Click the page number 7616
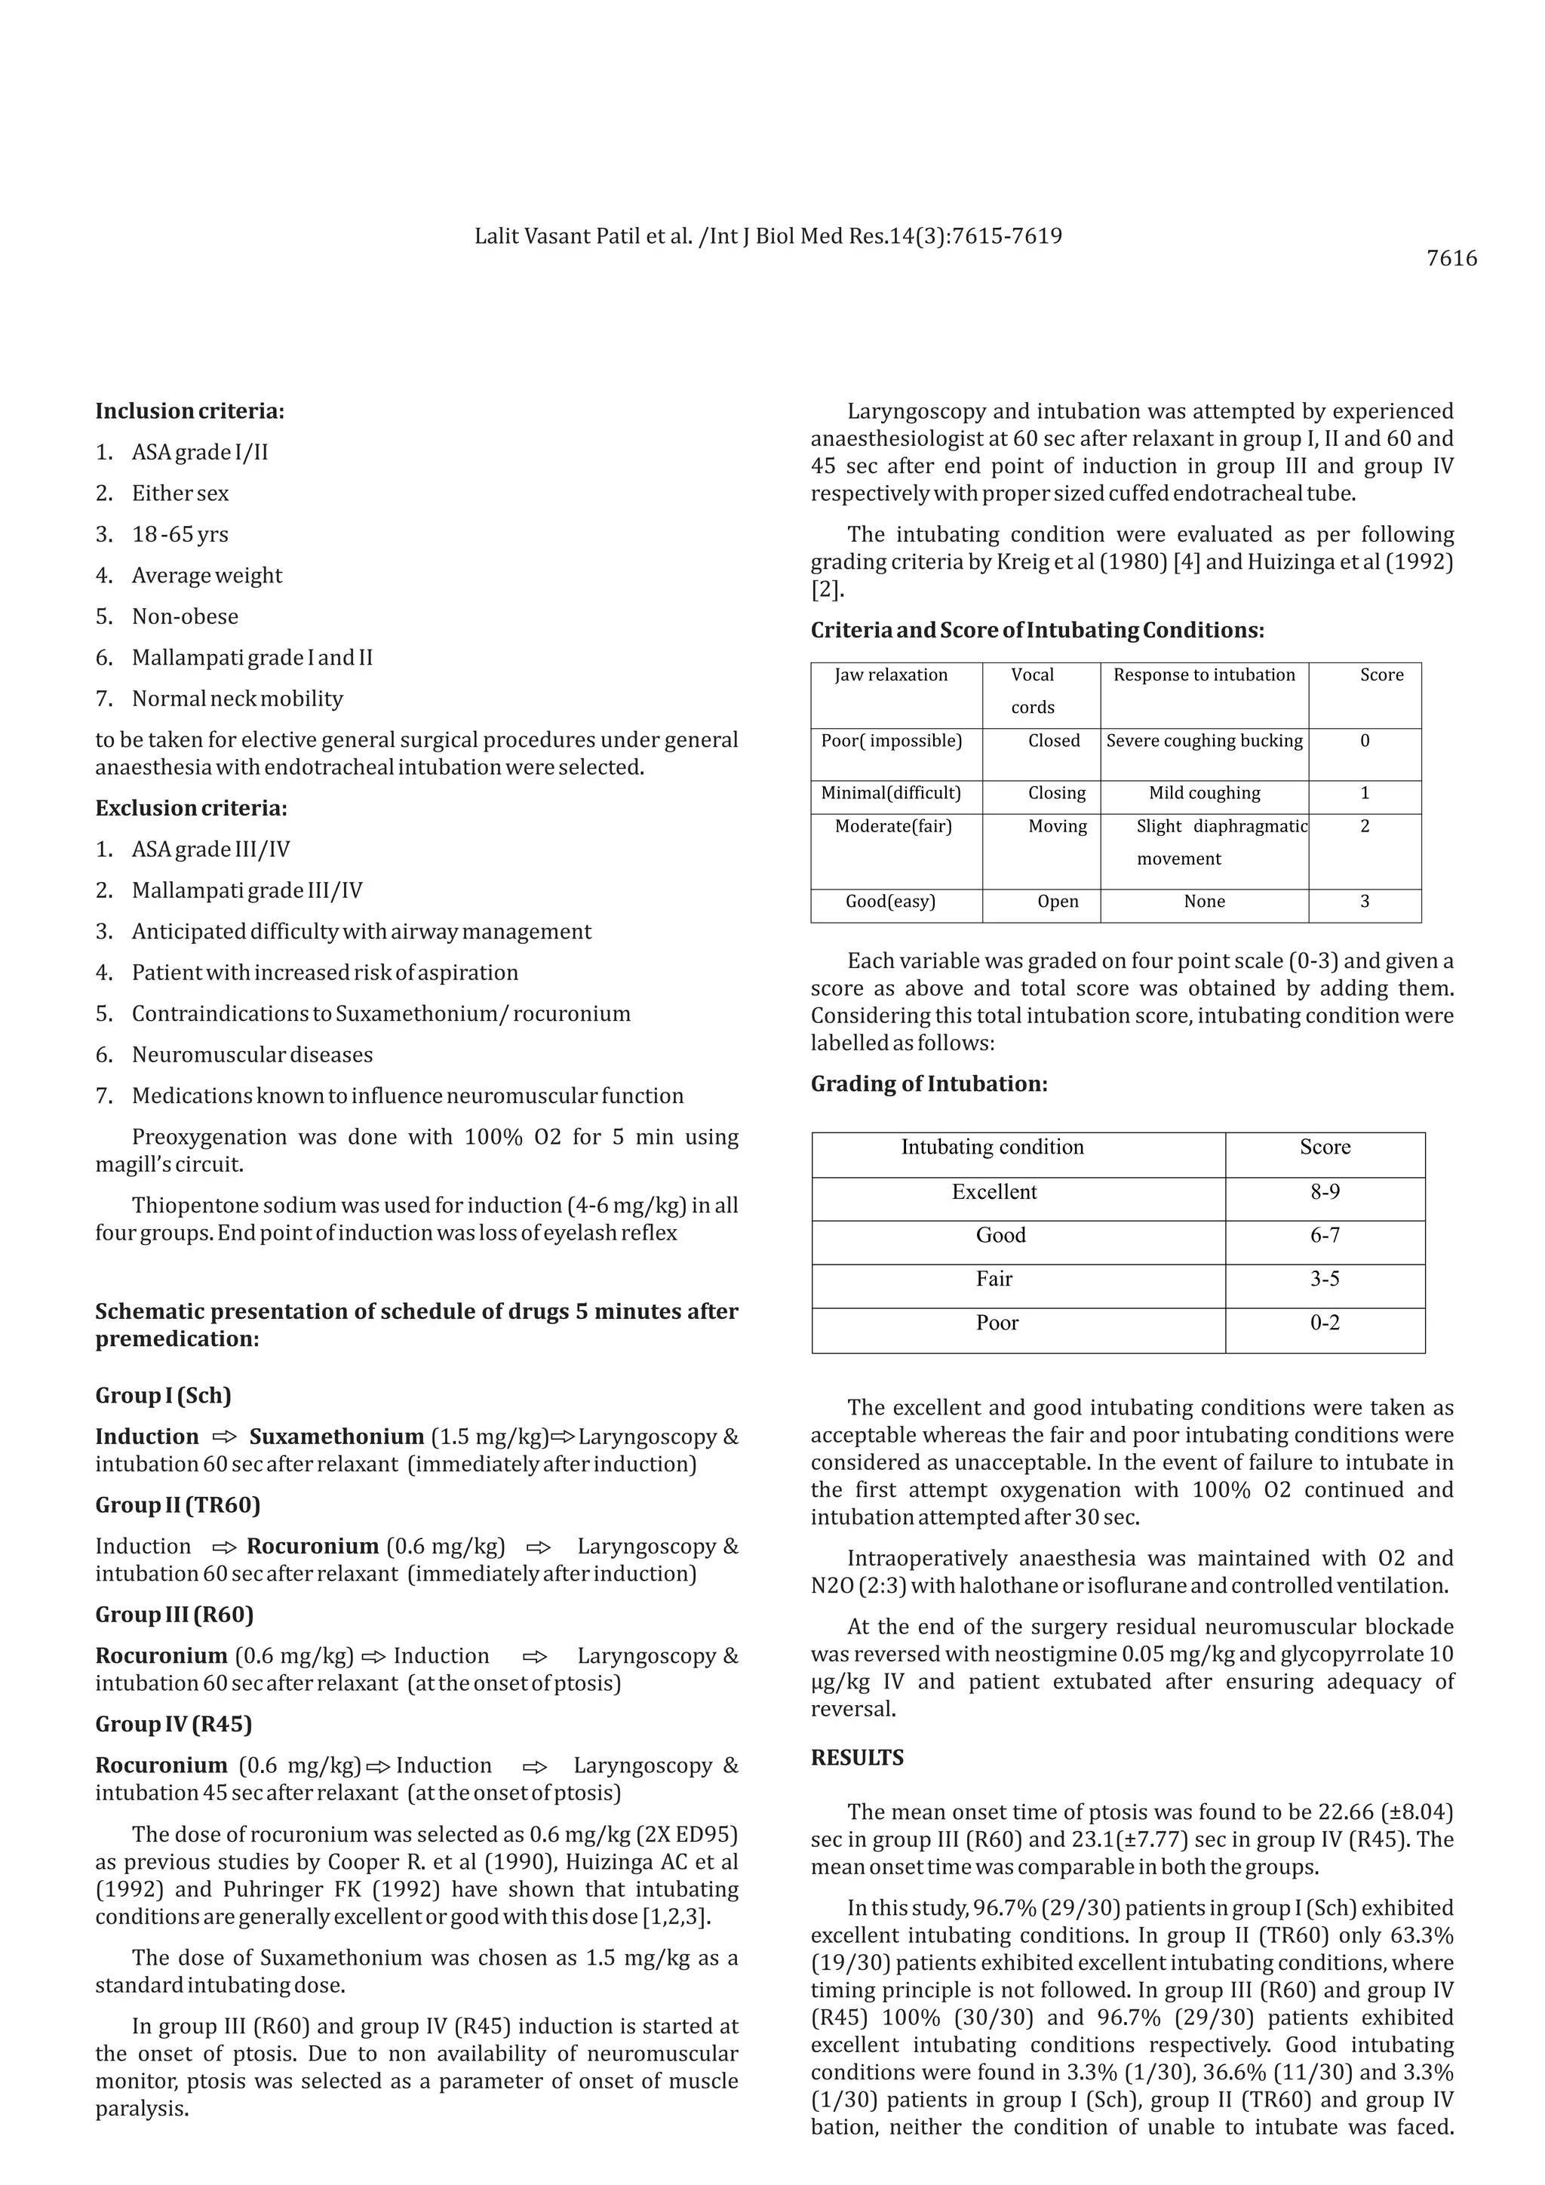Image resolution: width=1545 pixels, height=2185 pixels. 1451,259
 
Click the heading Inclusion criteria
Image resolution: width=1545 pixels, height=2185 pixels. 189,411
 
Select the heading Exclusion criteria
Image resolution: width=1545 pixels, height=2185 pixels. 190,808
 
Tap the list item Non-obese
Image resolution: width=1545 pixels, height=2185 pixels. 185,616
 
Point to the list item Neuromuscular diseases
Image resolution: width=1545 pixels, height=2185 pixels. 252,1055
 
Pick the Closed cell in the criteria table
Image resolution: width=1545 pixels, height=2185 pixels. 1054,740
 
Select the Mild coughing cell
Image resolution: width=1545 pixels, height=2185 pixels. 1205,793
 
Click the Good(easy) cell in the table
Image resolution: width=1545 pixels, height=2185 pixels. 890,901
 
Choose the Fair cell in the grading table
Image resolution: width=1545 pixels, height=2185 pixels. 994,1279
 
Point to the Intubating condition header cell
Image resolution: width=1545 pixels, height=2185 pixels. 992,1148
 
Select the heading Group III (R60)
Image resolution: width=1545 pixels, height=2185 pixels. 174,1615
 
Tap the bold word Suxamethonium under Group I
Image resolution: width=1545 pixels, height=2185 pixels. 336,1437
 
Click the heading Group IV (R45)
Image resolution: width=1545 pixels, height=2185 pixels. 174,1725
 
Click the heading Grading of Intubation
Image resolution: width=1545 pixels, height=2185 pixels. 929,1084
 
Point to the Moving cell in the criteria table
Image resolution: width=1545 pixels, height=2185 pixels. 1057,826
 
